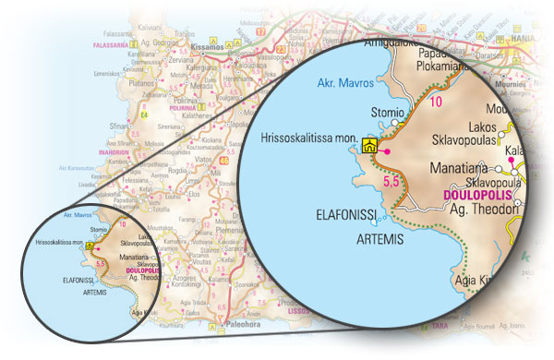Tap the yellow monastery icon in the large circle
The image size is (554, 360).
(369, 144)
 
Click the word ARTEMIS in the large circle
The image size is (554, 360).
(380, 236)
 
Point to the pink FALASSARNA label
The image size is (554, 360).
(115, 43)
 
